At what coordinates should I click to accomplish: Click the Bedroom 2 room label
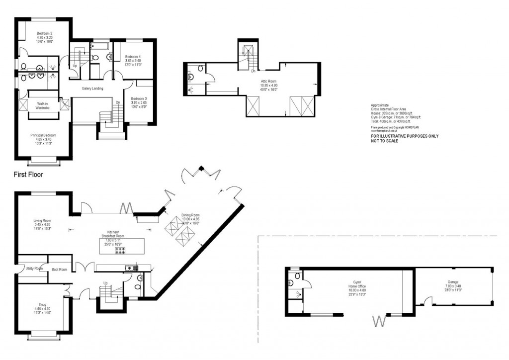coord(44,33)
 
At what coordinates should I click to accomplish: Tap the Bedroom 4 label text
coord(133,57)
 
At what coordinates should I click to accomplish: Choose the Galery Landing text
coord(92,89)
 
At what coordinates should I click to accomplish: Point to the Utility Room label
coord(34,269)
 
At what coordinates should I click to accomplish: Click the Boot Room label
coord(59,270)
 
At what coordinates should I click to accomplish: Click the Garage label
coord(452,281)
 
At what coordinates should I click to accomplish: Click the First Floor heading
coord(28,175)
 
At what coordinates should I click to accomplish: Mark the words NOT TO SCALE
coord(385,141)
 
